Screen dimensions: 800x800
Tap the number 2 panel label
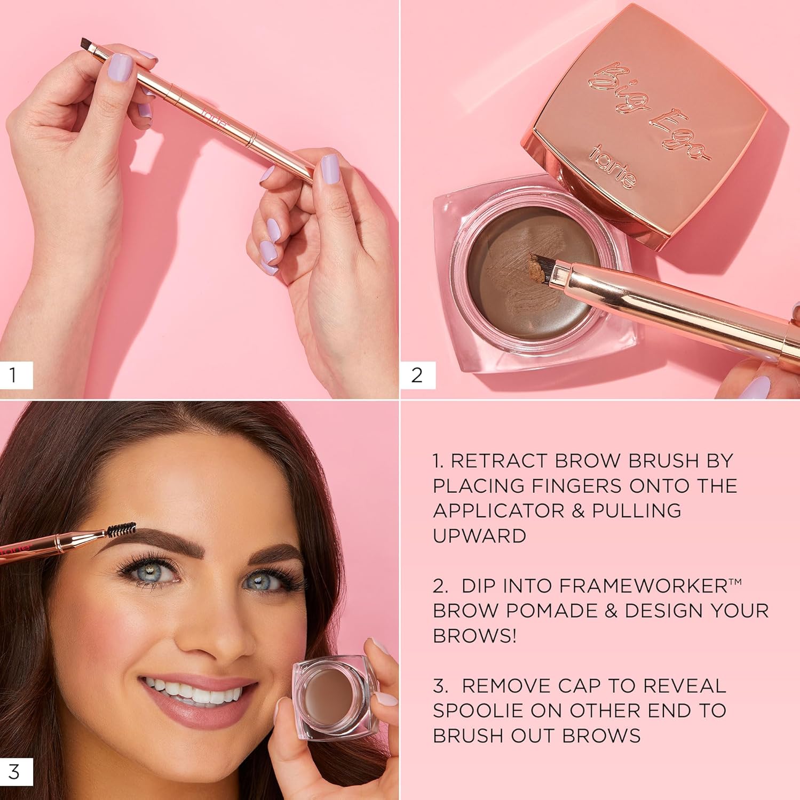(x=417, y=375)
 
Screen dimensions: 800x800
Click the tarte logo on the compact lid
(x=612, y=167)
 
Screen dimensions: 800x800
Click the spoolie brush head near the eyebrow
(x=121, y=529)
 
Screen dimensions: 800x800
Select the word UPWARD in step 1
(x=479, y=535)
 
